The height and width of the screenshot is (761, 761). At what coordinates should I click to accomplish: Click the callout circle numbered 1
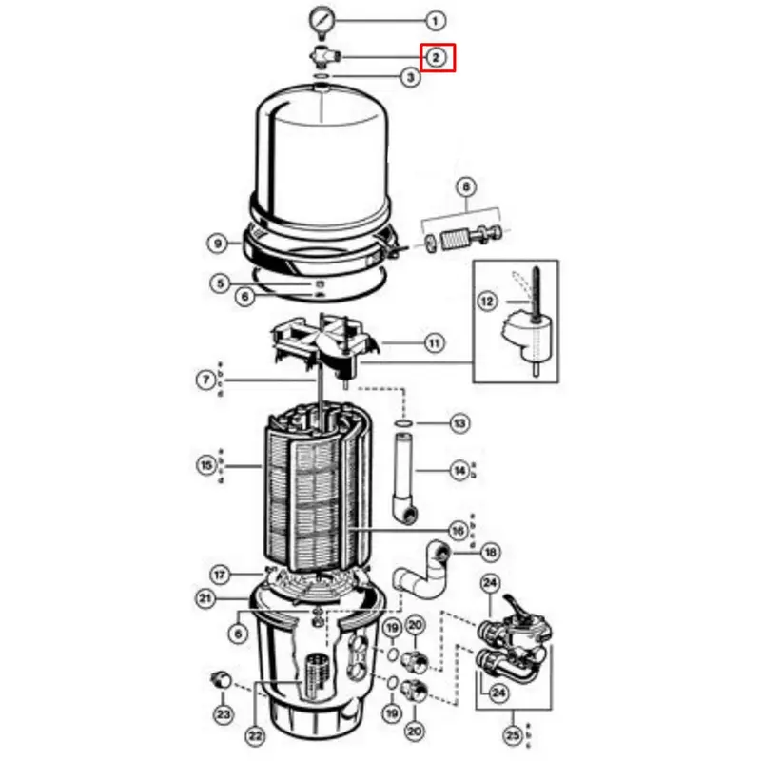coord(435,19)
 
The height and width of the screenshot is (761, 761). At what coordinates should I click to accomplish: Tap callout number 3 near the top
coord(410,78)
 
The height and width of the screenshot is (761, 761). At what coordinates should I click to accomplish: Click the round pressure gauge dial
coord(324,18)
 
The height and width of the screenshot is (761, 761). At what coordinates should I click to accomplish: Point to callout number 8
coord(466,187)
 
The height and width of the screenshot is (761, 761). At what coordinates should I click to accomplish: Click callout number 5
coord(220,283)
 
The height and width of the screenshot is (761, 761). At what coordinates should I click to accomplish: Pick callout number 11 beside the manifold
coord(435,341)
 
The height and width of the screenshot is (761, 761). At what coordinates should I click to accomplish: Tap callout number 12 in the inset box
coord(487,302)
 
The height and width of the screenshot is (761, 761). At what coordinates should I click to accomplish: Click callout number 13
coord(460,421)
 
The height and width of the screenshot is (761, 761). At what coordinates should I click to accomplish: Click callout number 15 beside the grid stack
coord(206,466)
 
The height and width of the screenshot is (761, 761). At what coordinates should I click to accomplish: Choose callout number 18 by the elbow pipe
coord(490,553)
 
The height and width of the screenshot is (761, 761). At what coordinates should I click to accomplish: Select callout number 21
coord(206,598)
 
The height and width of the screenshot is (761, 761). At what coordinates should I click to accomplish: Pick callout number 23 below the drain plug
coord(223,713)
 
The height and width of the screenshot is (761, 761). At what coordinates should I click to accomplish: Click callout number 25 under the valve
coord(513,733)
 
